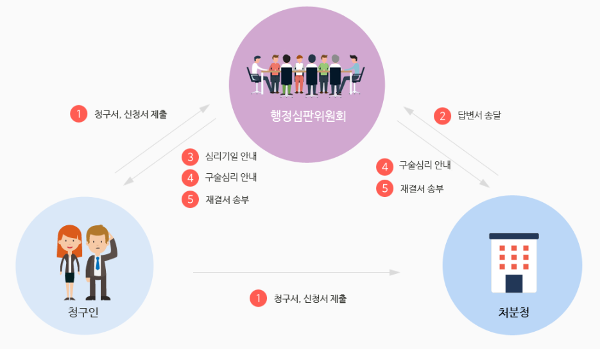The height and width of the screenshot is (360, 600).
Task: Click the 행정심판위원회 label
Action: [307, 116]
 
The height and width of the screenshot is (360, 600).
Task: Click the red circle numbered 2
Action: [442, 116]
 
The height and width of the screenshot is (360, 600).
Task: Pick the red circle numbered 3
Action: [190, 157]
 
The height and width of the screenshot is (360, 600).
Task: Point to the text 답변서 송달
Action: [479, 116]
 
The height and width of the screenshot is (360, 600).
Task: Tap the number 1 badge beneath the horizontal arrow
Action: [258, 298]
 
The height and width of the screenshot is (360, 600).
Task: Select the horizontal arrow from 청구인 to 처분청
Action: [295, 273]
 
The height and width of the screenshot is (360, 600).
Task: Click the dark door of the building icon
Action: [513, 283]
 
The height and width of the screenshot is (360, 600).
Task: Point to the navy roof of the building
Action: [513, 236]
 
